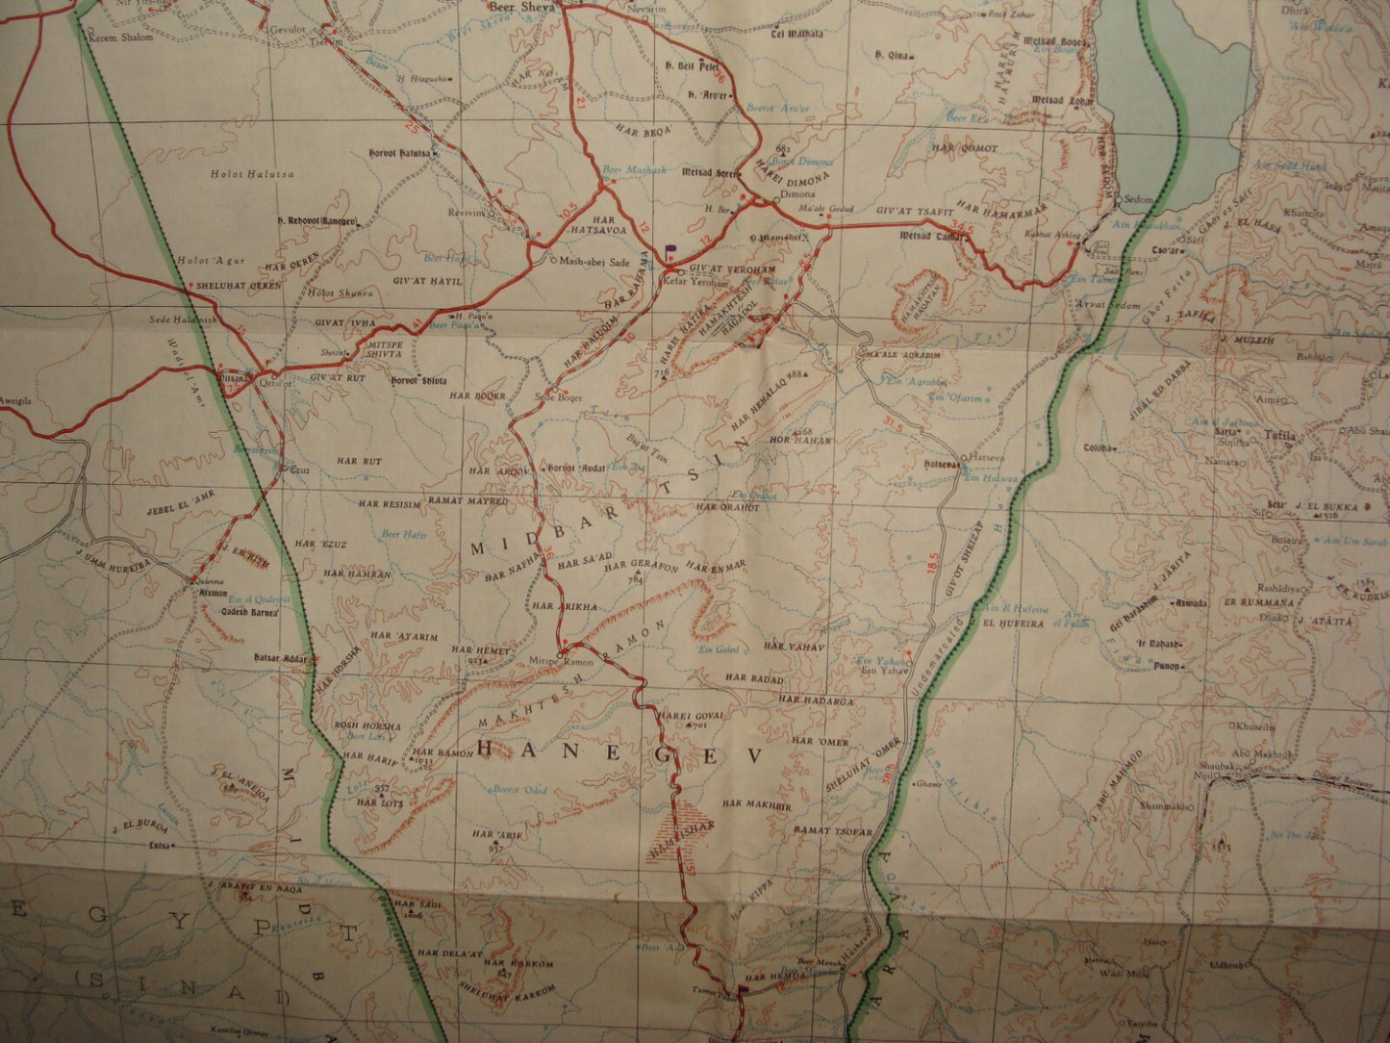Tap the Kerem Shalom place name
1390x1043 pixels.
(122, 38)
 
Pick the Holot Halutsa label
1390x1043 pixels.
(252, 174)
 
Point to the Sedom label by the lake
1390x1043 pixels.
(1138, 200)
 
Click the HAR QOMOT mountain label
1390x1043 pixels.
(965, 149)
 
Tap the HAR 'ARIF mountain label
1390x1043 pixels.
(497, 835)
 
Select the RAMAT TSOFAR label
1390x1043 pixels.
(834, 830)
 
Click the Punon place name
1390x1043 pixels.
(1167, 666)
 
